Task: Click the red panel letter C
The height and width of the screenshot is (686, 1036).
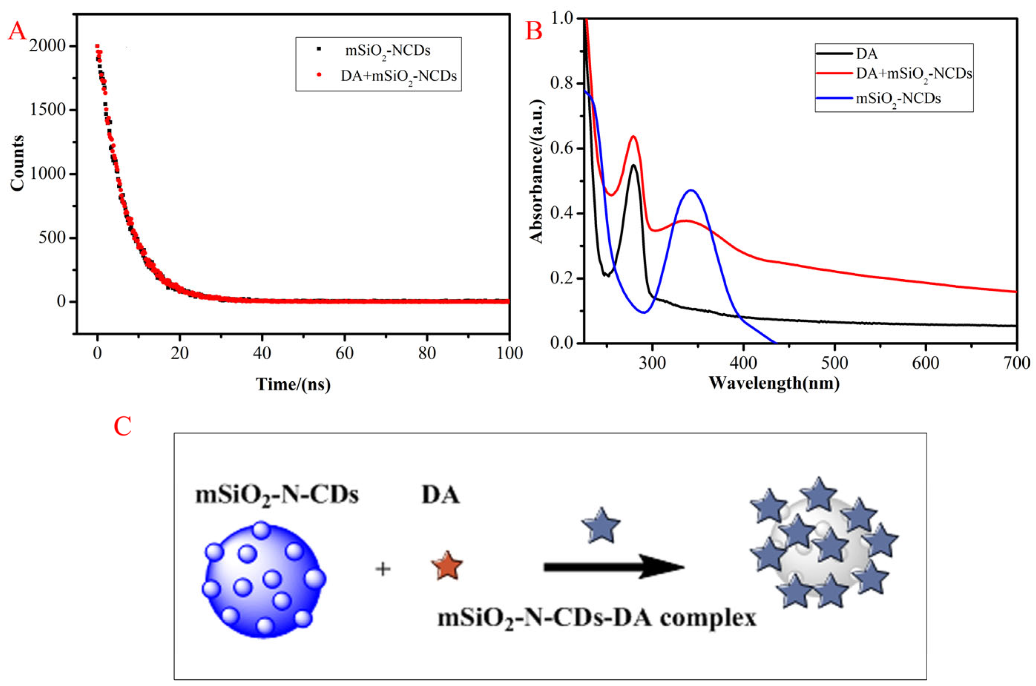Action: tap(122, 426)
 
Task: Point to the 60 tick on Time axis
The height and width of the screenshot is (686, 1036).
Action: tap(344, 353)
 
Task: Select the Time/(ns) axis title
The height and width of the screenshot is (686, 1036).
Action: tap(293, 384)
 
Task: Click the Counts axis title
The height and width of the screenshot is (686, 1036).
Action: tap(17, 163)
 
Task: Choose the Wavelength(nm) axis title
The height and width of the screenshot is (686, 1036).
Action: tap(774, 383)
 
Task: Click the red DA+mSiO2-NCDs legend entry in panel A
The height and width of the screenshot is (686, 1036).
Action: tap(398, 76)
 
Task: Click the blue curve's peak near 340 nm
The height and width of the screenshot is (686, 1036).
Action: tap(691, 190)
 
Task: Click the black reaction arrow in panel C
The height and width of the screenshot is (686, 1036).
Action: tap(612, 567)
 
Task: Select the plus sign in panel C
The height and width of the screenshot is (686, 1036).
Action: tap(383, 569)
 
